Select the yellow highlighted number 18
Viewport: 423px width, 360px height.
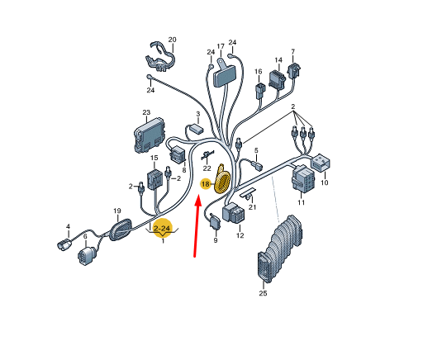pyautogui.click(x=206, y=184)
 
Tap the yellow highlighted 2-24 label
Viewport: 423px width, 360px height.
pyautogui.click(x=163, y=228)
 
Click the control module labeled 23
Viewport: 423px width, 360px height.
pyautogui.click(x=150, y=135)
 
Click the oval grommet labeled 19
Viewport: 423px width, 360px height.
pyautogui.click(x=121, y=230)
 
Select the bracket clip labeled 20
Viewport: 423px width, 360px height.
pyautogui.click(x=160, y=59)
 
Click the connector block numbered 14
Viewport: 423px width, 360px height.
pyautogui.click(x=277, y=79)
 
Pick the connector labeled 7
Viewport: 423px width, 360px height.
pyautogui.click(x=294, y=70)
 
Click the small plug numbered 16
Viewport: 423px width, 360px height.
pyautogui.click(x=260, y=90)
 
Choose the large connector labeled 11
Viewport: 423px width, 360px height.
pyautogui.click(x=303, y=178)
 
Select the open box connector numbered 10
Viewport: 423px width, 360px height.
pyautogui.click(x=321, y=163)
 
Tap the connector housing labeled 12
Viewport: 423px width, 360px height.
pyautogui.click(x=233, y=212)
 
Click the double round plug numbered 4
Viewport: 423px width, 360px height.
pyautogui.click(x=64, y=244)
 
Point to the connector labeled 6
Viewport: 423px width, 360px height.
pyautogui.click(x=87, y=256)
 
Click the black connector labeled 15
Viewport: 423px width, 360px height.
pyautogui.click(x=154, y=179)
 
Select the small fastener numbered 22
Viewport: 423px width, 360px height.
pyautogui.click(x=208, y=155)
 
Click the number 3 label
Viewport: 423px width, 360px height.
pyautogui.click(x=198, y=114)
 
